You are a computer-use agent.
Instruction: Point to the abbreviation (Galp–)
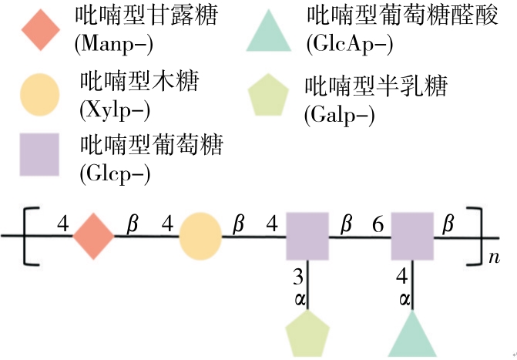click(x=339, y=116)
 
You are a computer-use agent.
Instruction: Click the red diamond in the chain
click(x=94, y=237)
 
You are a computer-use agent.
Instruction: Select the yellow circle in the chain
click(x=200, y=237)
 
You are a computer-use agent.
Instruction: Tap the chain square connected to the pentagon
click(x=307, y=237)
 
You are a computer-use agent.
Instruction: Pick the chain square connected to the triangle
click(x=412, y=237)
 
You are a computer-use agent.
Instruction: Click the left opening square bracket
click(x=29, y=237)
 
